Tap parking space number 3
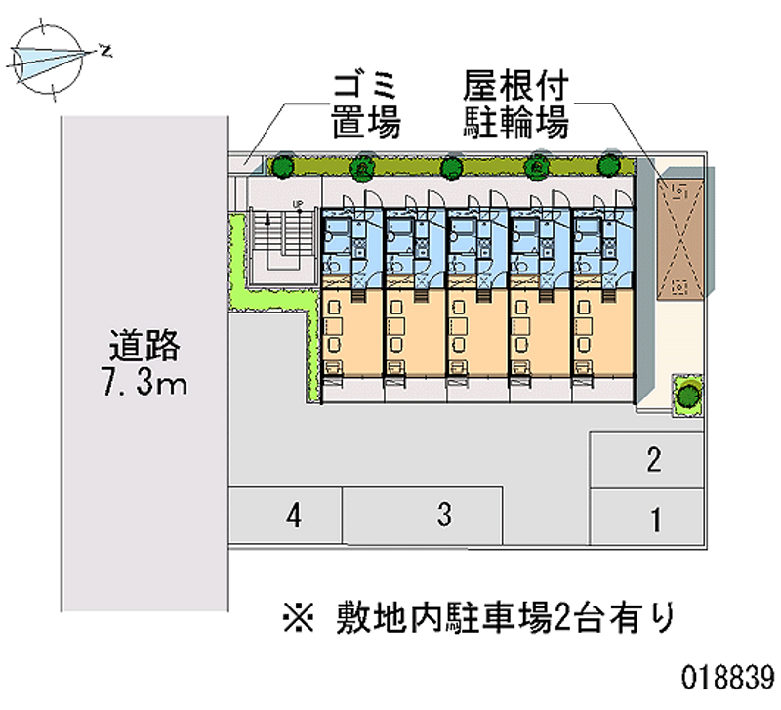[444, 514]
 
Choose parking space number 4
[293, 514]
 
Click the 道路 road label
[145, 347]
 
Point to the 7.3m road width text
[145, 383]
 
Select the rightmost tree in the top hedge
[609, 166]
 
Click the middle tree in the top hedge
[450, 167]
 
